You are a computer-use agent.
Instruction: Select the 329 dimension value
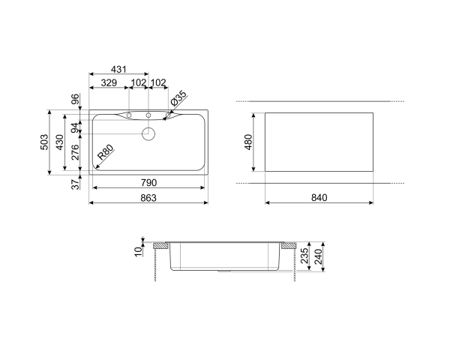pyautogui.click(x=109, y=82)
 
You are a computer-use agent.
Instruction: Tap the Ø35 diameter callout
pyautogui.click(x=178, y=97)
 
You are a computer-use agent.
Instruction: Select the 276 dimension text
pyautogui.click(x=75, y=154)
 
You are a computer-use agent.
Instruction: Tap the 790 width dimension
pyautogui.click(x=148, y=183)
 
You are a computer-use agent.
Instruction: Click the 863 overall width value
pyautogui.click(x=148, y=198)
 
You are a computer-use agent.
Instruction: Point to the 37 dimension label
pyautogui.click(x=76, y=185)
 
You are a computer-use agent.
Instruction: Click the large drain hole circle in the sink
pyautogui.click(x=148, y=133)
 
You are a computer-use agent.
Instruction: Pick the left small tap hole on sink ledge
pyautogui.click(x=130, y=115)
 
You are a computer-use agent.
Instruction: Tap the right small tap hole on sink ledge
pyautogui.click(x=148, y=115)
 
